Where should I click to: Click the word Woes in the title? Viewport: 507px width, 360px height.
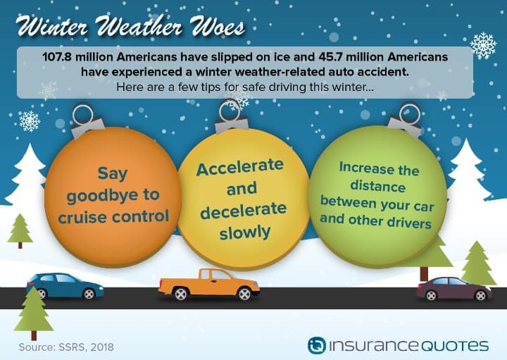pyautogui.click(x=218, y=26)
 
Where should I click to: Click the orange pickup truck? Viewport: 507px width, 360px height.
pyautogui.click(x=209, y=284)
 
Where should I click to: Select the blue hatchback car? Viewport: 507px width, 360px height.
pyautogui.click(x=65, y=285)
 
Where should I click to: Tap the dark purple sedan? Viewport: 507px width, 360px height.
pyautogui.click(x=454, y=289)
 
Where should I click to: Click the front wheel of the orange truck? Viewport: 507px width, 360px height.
pyautogui.click(x=244, y=294)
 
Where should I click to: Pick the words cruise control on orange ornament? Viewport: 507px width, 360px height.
pyautogui.click(x=113, y=216)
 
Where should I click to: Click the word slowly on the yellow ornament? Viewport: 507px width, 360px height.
pyautogui.click(x=245, y=232)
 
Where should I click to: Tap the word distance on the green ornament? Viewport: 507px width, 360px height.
pyautogui.click(x=377, y=186)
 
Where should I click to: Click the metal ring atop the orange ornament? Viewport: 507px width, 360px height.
pyautogui.click(x=83, y=114)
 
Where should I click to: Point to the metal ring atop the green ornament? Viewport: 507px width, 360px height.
pyautogui.click(x=410, y=114)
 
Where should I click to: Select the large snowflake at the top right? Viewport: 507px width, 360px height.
pyautogui.click(x=483, y=45)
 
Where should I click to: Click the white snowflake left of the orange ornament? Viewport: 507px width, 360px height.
pyautogui.click(x=30, y=121)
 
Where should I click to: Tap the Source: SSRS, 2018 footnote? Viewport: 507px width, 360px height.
pyautogui.click(x=66, y=347)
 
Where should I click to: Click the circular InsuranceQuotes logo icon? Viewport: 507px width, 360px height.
pyautogui.click(x=317, y=345)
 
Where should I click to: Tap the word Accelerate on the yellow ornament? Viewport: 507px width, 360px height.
pyautogui.click(x=240, y=166)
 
